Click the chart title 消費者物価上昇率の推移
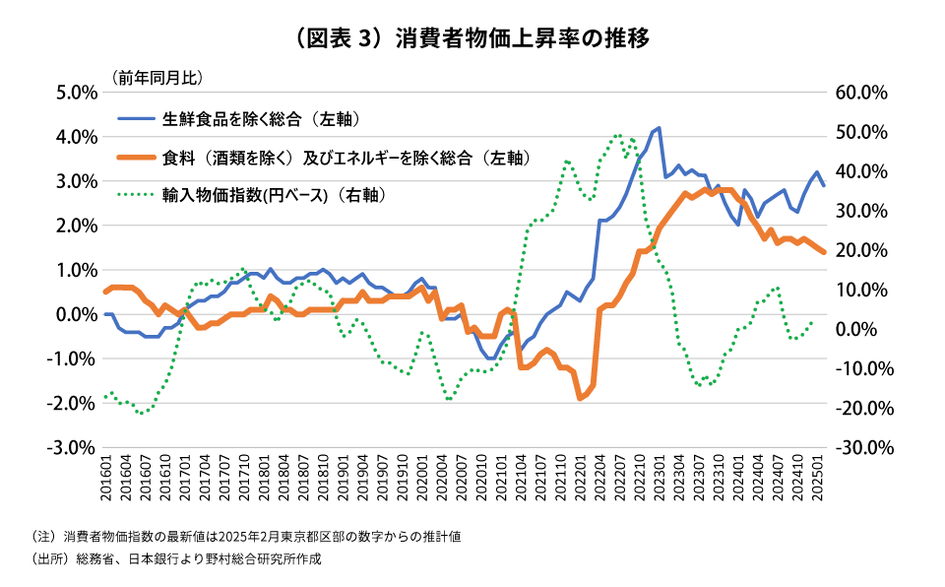472,39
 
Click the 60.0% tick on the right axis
861,93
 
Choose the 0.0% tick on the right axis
865,329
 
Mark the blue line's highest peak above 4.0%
659,128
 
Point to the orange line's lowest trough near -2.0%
580,397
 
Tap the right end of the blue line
824,185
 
